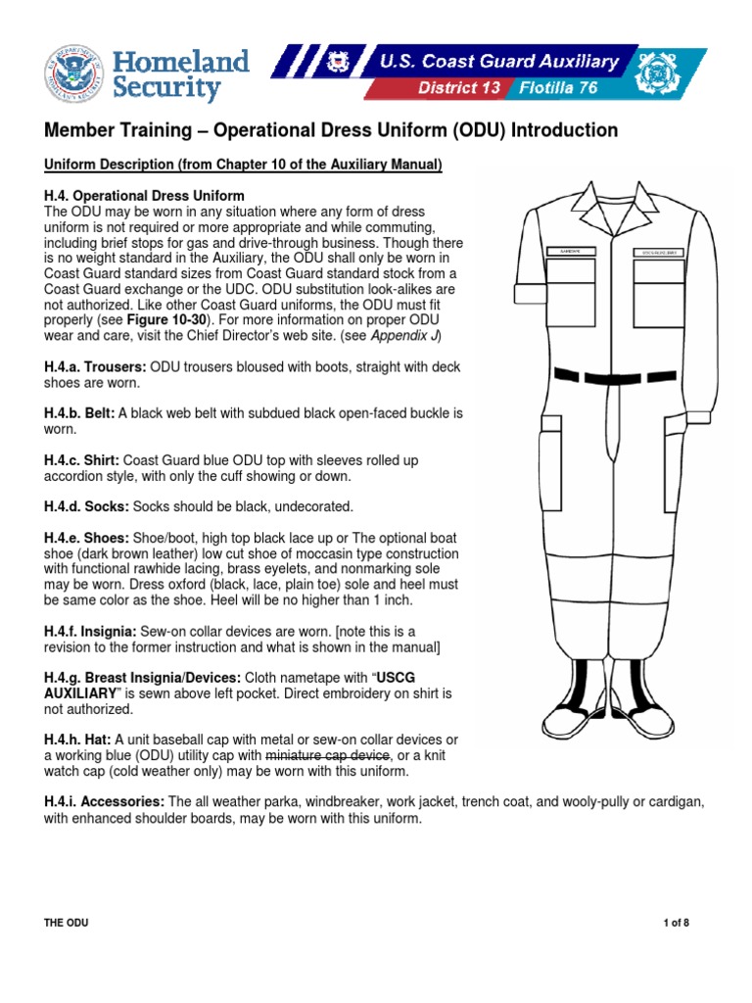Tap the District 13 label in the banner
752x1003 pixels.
[x=458, y=88]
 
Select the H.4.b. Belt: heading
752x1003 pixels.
[x=78, y=413]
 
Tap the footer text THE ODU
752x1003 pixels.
[x=67, y=923]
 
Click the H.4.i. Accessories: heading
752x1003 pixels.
[x=101, y=801]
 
